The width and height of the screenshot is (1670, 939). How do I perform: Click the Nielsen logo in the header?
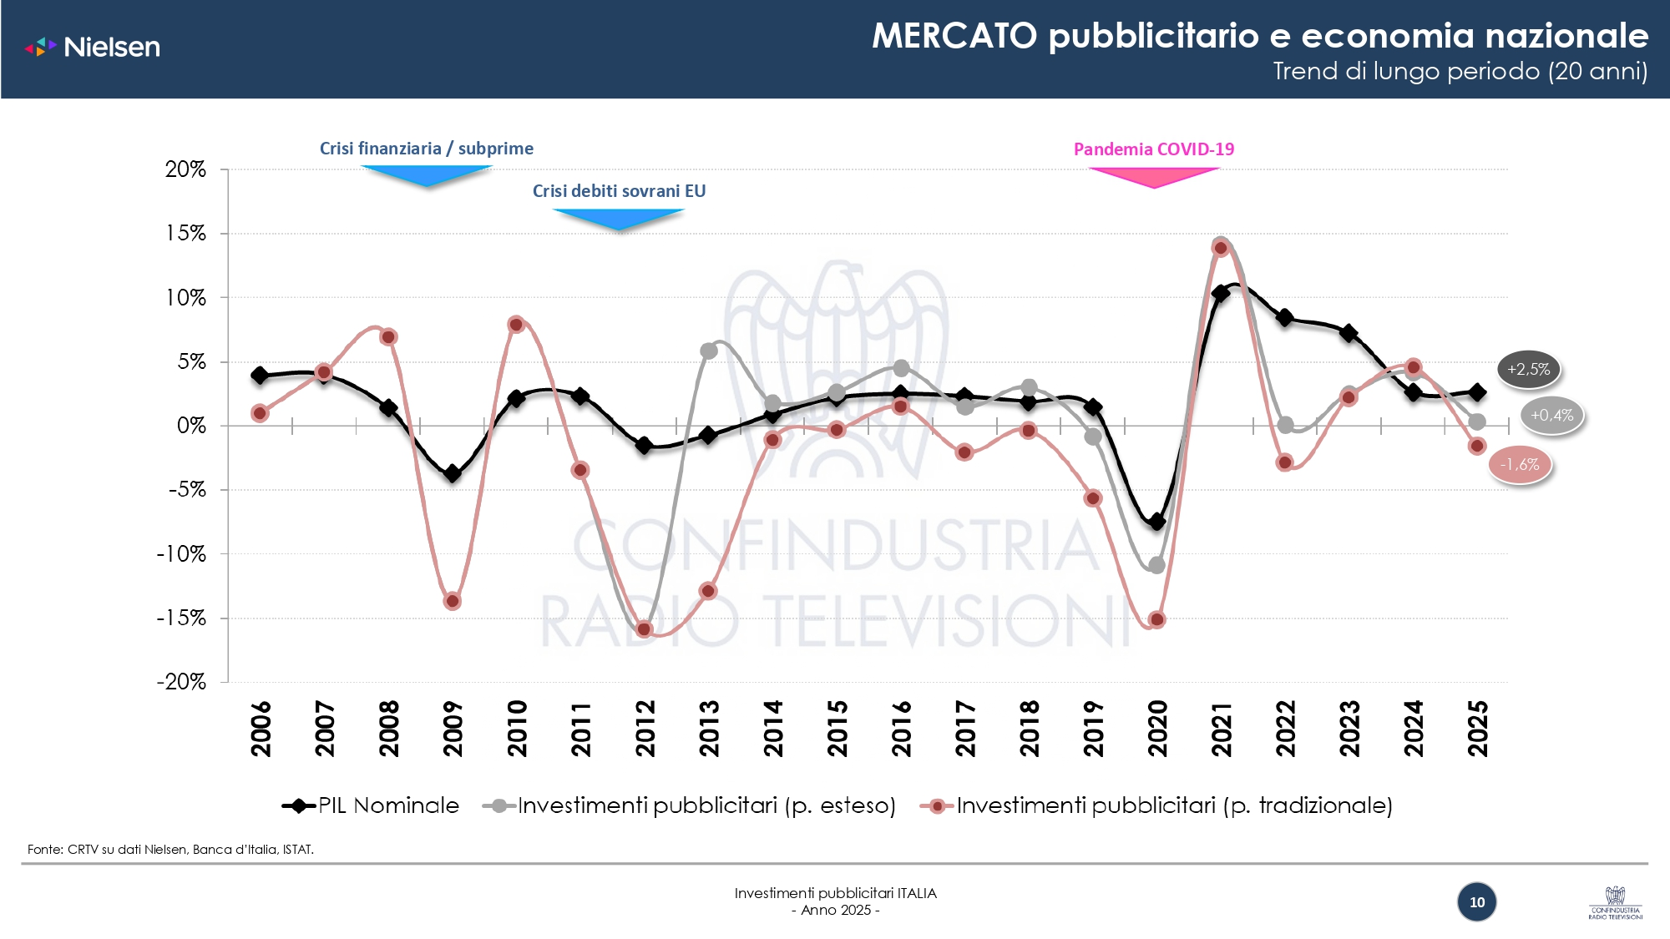[x=93, y=47]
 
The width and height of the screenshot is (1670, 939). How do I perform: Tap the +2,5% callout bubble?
[x=1528, y=370]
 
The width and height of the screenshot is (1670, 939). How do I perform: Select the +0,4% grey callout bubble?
[x=1551, y=416]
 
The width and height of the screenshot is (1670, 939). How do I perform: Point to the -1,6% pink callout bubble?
[x=1520, y=465]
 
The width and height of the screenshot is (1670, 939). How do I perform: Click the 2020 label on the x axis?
[x=1157, y=728]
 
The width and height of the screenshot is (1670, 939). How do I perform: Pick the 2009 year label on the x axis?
[x=453, y=728]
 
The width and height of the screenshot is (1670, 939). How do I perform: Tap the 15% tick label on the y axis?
[x=185, y=234]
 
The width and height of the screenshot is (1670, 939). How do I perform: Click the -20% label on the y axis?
[x=181, y=682]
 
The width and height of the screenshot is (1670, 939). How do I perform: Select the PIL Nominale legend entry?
[x=372, y=805]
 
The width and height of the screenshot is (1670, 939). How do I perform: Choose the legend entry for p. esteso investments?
[x=690, y=805]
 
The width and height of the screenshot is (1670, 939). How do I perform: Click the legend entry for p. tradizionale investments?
[x=1156, y=805]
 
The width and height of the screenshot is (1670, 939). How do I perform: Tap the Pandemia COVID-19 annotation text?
[x=1153, y=149]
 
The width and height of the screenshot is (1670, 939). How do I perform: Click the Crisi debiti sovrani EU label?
[x=619, y=191]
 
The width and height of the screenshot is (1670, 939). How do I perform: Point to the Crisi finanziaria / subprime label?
[x=426, y=149]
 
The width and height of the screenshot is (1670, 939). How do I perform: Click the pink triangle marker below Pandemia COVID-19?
[x=1154, y=176]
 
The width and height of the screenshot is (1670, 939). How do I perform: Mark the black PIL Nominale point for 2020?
[x=1156, y=522]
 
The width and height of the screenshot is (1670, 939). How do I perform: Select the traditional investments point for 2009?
[x=453, y=601]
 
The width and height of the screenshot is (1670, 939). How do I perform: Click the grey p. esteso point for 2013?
[x=708, y=351]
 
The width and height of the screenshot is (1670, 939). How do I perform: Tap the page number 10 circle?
[x=1476, y=902]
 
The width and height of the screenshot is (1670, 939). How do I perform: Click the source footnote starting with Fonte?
[x=170, y=850]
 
